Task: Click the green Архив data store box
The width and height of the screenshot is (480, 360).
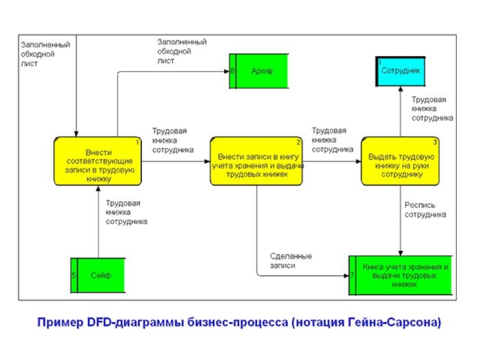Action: pos(262,71)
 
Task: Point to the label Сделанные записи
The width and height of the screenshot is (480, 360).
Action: pos(290,260)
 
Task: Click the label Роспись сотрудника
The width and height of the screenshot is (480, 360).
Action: pos(425,209)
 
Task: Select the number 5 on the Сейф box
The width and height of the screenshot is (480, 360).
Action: pos(74,275)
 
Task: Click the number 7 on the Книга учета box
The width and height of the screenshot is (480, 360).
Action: pos(352,275)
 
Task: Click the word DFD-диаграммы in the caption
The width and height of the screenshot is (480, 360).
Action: pos(130,323)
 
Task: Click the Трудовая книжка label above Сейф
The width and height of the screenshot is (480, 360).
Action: pos(127,212)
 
